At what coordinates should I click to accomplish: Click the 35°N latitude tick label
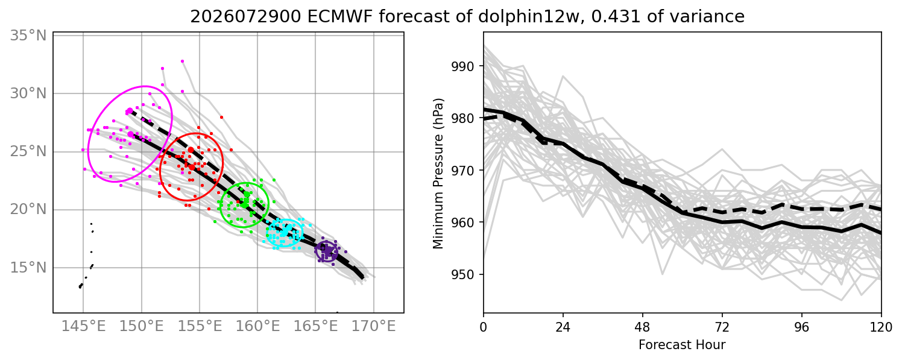pyautogui.click(x=28, y=36)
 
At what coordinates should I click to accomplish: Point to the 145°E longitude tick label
pyautogui.click(x=83, y=326)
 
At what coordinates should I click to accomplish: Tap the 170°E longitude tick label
pyautogui.click(x=374, y=326)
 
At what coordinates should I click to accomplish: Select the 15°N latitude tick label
pyautogui.click(x=28, y=268)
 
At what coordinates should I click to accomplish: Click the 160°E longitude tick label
pyautogui.click(x=257, y=326)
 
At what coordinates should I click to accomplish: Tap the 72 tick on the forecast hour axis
pyautogui.click(x=722, y=327)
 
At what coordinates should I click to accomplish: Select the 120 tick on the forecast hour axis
pyautogui.click(x=881, y=327)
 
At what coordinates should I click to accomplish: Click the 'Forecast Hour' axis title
pyautogui.click(x=682, y=345)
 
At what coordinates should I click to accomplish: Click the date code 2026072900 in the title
pyautogui.click(x=246, y=17)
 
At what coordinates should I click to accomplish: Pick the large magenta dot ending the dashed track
pyautogui.click(x=130, y=111)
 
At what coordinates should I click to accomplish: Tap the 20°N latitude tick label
pyautogui.click(x=28, y=210)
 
